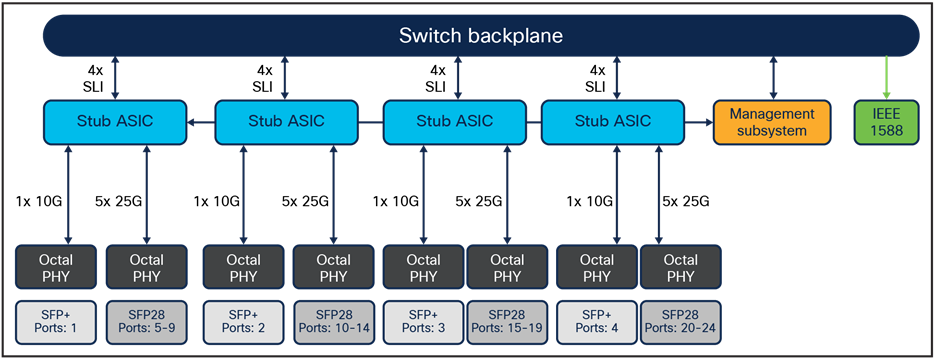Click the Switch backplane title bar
click(480, 37)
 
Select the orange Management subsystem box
click(772, 122)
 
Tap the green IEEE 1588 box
click(884, 122)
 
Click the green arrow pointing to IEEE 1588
click(885, 77)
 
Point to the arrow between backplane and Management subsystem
click(772, 77)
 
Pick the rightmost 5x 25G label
click(686, 201)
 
